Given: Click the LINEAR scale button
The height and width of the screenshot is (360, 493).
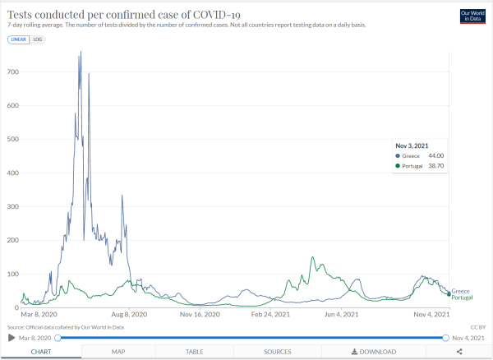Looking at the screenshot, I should coord(17,39).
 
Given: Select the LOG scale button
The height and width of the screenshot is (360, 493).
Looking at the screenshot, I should coord(38,39).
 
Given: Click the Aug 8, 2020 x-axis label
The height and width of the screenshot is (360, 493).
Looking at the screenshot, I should coord(128,314).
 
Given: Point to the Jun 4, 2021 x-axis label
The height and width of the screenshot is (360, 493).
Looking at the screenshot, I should coord(341,314).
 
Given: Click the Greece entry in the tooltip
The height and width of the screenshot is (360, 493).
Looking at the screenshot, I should coord(410,155).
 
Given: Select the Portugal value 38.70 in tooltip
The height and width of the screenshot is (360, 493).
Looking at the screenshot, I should coord(434,166).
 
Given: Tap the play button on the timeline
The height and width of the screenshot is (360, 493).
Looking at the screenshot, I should coord(12,338).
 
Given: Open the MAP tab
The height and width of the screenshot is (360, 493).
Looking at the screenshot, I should coord(118,352).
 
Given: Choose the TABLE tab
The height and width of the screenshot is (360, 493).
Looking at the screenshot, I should coord(194,352).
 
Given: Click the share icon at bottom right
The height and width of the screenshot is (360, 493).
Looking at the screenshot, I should coord(458,352).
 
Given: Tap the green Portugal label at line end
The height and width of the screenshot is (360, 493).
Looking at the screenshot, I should coord(462,298).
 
